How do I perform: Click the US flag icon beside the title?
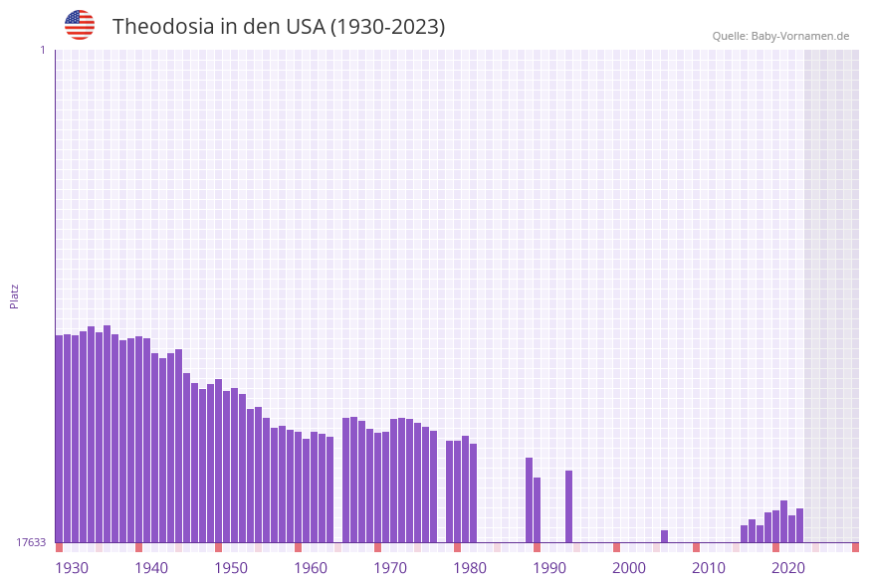[80, 25]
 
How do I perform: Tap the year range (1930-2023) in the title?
[387, 27]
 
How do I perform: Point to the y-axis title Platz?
[15, 295]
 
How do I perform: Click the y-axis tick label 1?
[42, 50]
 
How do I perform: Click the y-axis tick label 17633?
[31, 542]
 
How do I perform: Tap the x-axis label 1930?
[72, 567]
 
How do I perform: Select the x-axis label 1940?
[151, 567]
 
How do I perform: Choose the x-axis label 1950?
[231, 567]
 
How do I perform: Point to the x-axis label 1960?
[311, 567]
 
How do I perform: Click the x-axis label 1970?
[390, 567]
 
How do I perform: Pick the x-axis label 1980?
[470, 567]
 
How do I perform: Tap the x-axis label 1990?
[549, 567]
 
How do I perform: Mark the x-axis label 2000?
[629, 567]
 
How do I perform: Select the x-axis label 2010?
[709, 567]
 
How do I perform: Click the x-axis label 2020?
[788, 567]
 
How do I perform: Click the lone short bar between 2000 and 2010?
[665, 536]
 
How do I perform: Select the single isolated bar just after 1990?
[569, 506]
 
